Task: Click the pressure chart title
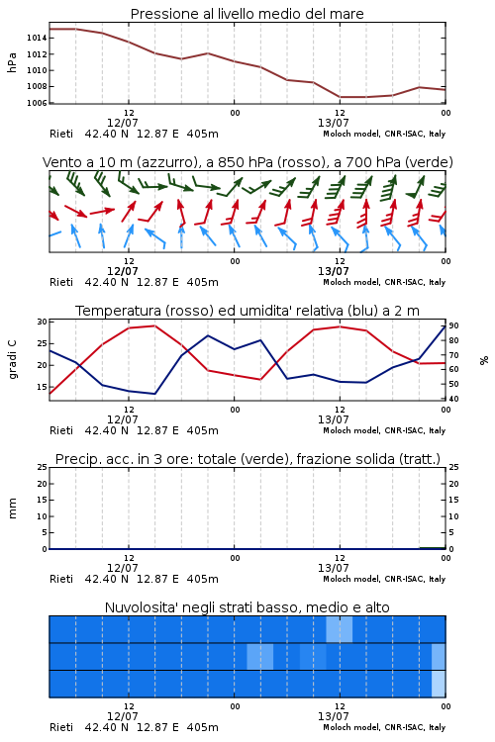247,14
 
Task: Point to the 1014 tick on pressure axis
36,38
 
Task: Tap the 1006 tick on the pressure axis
36,103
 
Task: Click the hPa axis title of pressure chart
12,62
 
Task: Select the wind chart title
247,162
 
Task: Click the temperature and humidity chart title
247,311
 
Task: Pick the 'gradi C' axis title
13,359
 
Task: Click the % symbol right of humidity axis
484,360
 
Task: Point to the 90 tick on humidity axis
453,325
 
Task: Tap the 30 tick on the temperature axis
43,322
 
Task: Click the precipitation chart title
247,459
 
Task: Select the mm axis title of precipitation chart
12,509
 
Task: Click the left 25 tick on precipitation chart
43,468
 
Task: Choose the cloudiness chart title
247,607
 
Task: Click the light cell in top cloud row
340,629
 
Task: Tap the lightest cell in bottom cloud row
439,684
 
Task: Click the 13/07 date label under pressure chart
333,123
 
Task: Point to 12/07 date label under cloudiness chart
122,716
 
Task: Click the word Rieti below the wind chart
61,282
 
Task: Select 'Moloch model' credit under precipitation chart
351,579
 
